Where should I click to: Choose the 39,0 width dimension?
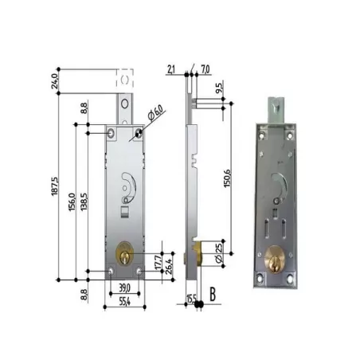point(123,286)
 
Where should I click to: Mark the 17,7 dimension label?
point(158,260)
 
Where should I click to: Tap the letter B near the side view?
point(212,293)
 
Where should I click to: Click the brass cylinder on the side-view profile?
point(197,256)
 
